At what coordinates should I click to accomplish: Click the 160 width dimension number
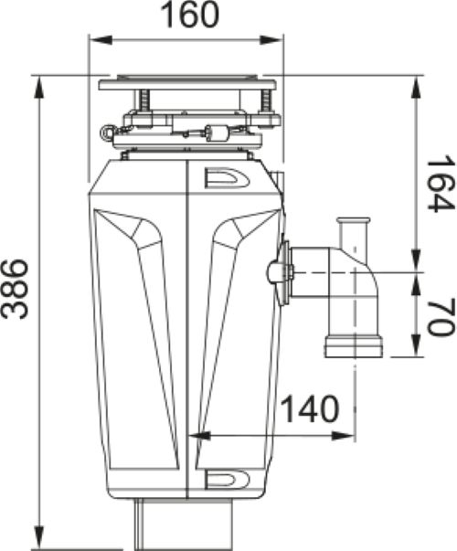point(190,16)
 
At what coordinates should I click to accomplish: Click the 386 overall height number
point(15,289)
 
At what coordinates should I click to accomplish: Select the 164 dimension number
point(438,183)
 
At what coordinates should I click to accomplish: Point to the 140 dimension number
point(310,409)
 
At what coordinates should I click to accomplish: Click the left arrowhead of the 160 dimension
point(101,39)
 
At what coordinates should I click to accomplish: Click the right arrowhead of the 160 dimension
point(271,39)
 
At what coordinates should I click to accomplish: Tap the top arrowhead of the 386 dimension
point(39,89)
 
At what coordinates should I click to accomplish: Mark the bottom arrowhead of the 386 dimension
point(39,536)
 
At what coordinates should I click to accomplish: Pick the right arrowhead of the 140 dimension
point(343,436)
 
